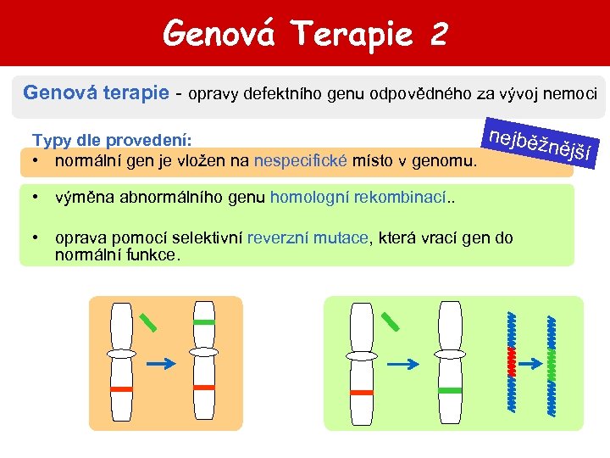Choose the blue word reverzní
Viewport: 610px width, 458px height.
(278, 238)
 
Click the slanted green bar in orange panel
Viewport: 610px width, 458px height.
(148, 321)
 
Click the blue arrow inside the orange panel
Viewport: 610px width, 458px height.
(160, 362)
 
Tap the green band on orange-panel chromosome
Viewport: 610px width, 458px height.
(204, 322)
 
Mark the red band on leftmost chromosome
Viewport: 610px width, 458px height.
(122, 388)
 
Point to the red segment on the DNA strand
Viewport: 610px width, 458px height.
(511, 360)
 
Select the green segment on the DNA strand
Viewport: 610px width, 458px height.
(552, 360)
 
